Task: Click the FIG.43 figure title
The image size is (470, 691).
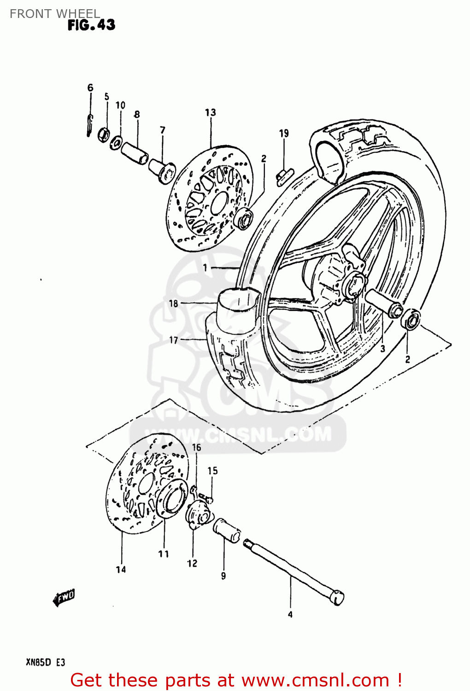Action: (x=91, y=25)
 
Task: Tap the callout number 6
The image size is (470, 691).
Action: (x=90, y=88)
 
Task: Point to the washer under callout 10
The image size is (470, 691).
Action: (x=116, y=142)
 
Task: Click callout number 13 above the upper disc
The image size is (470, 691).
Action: (x=210, y=112)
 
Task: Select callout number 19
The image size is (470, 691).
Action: (x=284, y=134)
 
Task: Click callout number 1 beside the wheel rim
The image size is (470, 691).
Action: (x=205, y=268)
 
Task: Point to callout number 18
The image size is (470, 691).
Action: (x=173, y=303)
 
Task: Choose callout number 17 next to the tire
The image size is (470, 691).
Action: (x=173, y=340)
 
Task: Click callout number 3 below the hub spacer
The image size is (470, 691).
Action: (x=382, y=349)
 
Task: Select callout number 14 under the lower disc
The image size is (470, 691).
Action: (x=121, y=569)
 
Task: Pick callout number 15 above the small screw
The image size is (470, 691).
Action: (x=212, y=470)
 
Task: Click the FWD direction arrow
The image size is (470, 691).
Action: (x=64, y=597)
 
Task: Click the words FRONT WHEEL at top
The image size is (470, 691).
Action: (x=54, y=14)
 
